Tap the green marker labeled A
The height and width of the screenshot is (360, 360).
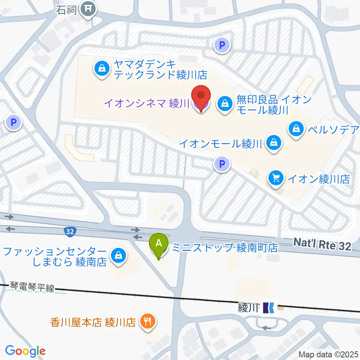point(159,244)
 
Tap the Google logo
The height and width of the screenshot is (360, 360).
point(25,351)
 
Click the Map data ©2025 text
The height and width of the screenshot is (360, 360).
point(328,354)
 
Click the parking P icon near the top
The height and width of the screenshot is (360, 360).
point(222,46)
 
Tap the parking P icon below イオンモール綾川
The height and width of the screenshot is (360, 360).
point(222,163)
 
